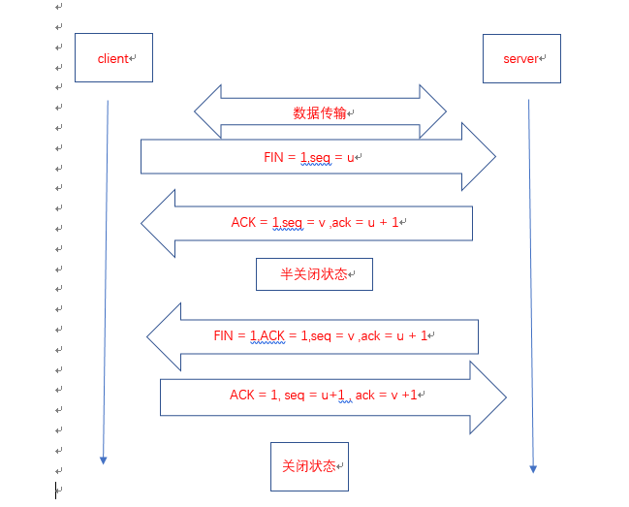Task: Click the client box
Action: coord(113,58)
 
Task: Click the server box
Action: coord(521,58)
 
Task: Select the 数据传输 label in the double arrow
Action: coord(320,112)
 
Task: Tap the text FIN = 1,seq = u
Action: coord(310,156)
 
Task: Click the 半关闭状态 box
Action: coord(314,274)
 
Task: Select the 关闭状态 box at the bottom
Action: coord(309,466)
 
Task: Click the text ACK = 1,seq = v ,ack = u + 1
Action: coord(316,222)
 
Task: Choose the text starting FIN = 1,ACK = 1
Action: coord(321,335)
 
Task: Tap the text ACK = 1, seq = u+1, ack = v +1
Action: coord(324,395)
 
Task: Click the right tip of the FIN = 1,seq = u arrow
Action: coord(494,156)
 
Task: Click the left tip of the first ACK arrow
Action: coord(142,223)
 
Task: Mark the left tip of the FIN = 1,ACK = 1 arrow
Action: coord(148,336)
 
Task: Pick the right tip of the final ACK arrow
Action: coord(506,396)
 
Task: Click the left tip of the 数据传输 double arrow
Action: coord(196,111)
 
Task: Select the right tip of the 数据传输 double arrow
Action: coord(445,111)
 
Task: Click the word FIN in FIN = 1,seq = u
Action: coord(273,156)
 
